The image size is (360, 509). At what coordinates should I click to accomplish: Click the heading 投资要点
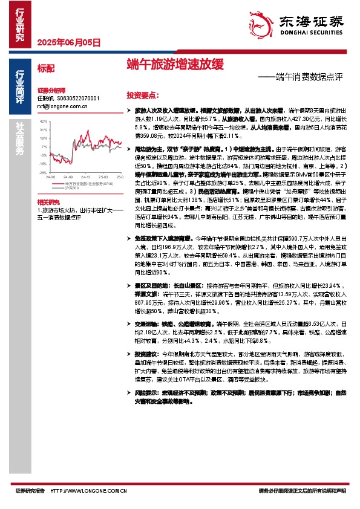[143, 96]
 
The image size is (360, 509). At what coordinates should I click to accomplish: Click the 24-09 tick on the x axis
[65, 177]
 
